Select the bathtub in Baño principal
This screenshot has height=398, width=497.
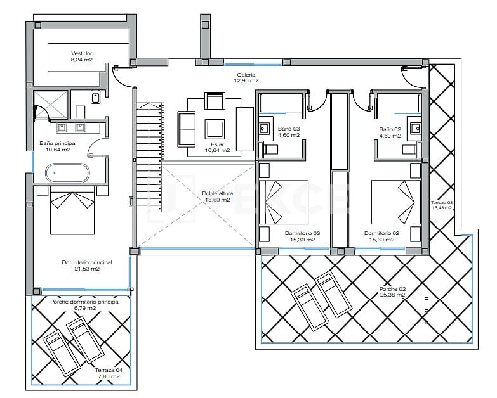(66, 172)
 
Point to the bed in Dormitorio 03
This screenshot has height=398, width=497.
(283, 202)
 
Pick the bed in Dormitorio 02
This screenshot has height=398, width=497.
(395, 202)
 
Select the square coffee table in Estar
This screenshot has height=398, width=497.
(214, 129)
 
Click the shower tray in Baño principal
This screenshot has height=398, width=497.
(50, 103)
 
